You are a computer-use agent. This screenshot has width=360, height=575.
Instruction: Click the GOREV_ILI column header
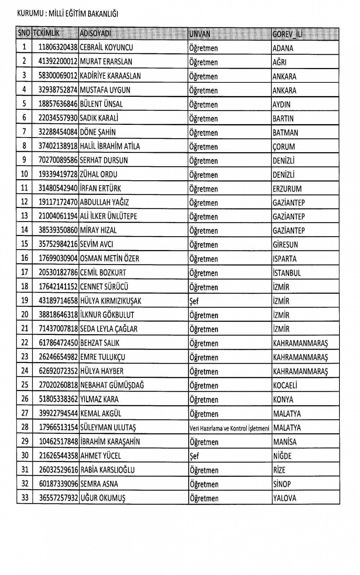[287, 34]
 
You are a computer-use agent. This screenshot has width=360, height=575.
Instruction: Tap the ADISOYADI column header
[95, 34]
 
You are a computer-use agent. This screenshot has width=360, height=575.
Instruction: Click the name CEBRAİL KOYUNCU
[106, 47]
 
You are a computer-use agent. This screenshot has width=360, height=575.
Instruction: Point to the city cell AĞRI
[280, 62]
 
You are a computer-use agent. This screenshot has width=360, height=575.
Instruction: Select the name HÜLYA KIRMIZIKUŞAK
[111, 301]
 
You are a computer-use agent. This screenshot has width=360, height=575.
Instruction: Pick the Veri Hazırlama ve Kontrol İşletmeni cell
[229, 428]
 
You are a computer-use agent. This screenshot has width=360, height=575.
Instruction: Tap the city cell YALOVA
[285, 498]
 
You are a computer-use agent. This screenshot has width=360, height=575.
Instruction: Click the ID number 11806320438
[58, 47]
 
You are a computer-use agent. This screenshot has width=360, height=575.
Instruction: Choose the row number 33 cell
[24, 498]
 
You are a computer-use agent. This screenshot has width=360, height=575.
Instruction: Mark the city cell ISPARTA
[285, 259]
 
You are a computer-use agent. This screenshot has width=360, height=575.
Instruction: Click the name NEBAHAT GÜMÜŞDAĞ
[112, 385]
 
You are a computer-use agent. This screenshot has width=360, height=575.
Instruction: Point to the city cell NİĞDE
[282, 456]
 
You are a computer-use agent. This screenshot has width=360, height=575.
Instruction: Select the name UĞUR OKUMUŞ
[103, 498]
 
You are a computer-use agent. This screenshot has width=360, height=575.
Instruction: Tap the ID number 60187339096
[59, 484]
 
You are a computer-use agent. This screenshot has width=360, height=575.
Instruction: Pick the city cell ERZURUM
[287, 189]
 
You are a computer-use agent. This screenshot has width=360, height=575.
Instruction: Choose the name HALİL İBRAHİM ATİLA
[110, 146]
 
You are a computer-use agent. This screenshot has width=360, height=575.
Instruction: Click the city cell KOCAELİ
[285, 386]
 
